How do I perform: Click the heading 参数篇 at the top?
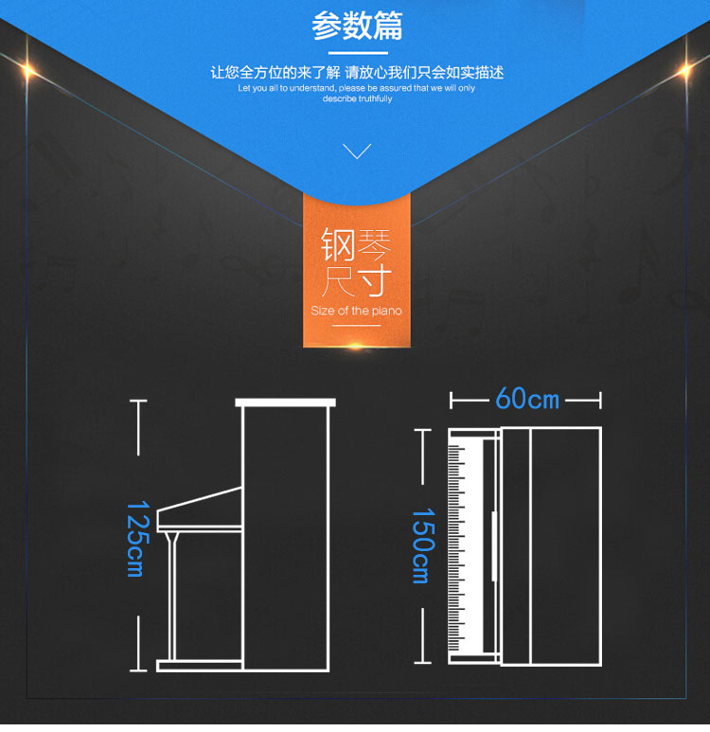click(x=357, y=26)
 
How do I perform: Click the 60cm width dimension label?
click(x=527, y=399)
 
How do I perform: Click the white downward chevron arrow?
click(x=357, y=151)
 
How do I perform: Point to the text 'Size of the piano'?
click(x=356, y=311)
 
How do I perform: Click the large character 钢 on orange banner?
click(x=338, y=244)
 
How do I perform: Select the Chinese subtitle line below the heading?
click(x=357, y=72)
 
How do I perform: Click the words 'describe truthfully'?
click(x=357, y=98)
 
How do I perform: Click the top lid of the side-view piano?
click(x=285, y=402)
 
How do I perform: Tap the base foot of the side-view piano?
click(x=199, y=665)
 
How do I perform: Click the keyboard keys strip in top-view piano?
click(x=458, y=545)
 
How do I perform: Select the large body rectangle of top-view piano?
click(x=565, y=545)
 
